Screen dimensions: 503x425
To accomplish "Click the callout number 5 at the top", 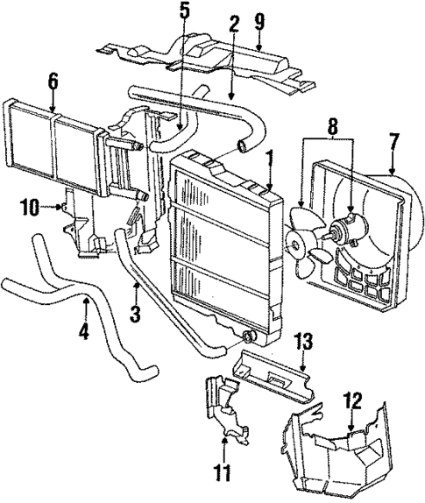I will [x=183, y=13].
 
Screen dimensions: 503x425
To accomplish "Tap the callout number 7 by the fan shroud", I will [x=393, y=139].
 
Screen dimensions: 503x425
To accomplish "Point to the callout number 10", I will [x=29, y=208].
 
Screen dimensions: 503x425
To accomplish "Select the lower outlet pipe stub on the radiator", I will [x=250, y=336].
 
